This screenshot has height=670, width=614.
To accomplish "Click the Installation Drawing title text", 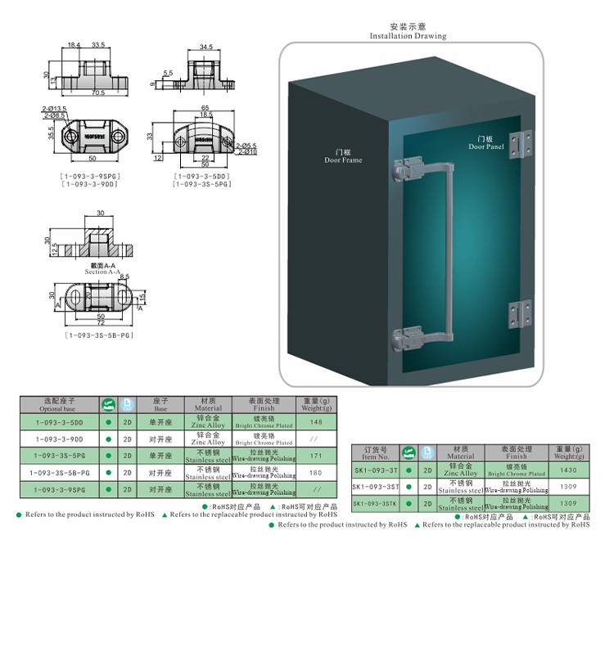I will coord(408,36).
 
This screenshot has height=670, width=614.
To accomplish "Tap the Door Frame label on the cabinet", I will coord(343,156).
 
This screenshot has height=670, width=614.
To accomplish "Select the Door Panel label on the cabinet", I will coord(486,143).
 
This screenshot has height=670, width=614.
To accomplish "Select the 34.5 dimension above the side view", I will coord(205,47).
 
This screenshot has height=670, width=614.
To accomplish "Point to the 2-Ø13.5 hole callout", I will coord(54,108).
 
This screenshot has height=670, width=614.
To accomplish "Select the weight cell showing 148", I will coord(316,422).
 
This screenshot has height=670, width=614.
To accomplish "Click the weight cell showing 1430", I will coord(568,470).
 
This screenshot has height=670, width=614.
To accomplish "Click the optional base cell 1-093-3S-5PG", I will coord(60,456).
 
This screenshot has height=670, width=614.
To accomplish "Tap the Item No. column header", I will coord(376,453).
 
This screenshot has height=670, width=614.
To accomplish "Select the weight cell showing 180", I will coord(316,473).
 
